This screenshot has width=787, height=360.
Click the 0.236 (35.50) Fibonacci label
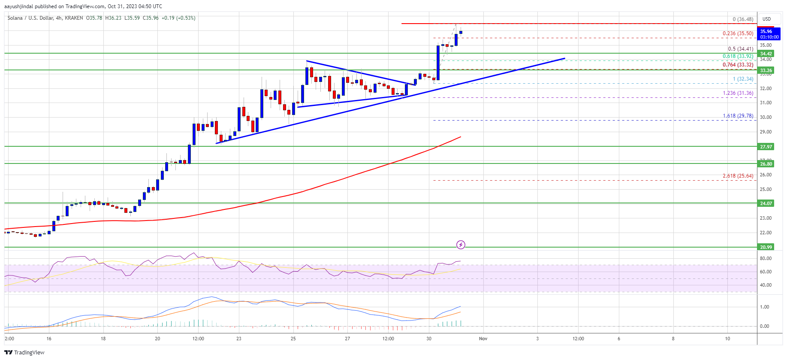(738, 33)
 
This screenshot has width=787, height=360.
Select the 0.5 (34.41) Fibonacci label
(740, 49)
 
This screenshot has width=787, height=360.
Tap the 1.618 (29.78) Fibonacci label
(738, 116)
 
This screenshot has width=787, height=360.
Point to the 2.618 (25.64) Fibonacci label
(738, 176)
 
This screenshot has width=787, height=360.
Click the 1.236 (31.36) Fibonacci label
(738, 93)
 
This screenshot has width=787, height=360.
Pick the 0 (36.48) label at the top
(743, 19)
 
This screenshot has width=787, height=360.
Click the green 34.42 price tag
(766, 54)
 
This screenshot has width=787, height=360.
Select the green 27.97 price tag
(766, 147)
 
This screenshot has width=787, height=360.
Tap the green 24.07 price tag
(766, 203)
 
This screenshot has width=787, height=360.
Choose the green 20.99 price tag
(766, 247)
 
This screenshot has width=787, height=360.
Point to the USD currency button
(766, 19)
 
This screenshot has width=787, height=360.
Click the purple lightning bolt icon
(461, 245)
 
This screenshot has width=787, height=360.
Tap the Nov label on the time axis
(483, 339)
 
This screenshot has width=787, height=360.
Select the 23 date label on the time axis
(238, 339)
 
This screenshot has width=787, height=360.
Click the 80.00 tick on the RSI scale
(766, 258)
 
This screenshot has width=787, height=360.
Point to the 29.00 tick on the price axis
(766, 132)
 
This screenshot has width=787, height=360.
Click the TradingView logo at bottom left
(24, 352)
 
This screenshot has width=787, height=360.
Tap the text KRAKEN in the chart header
(74, 18)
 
